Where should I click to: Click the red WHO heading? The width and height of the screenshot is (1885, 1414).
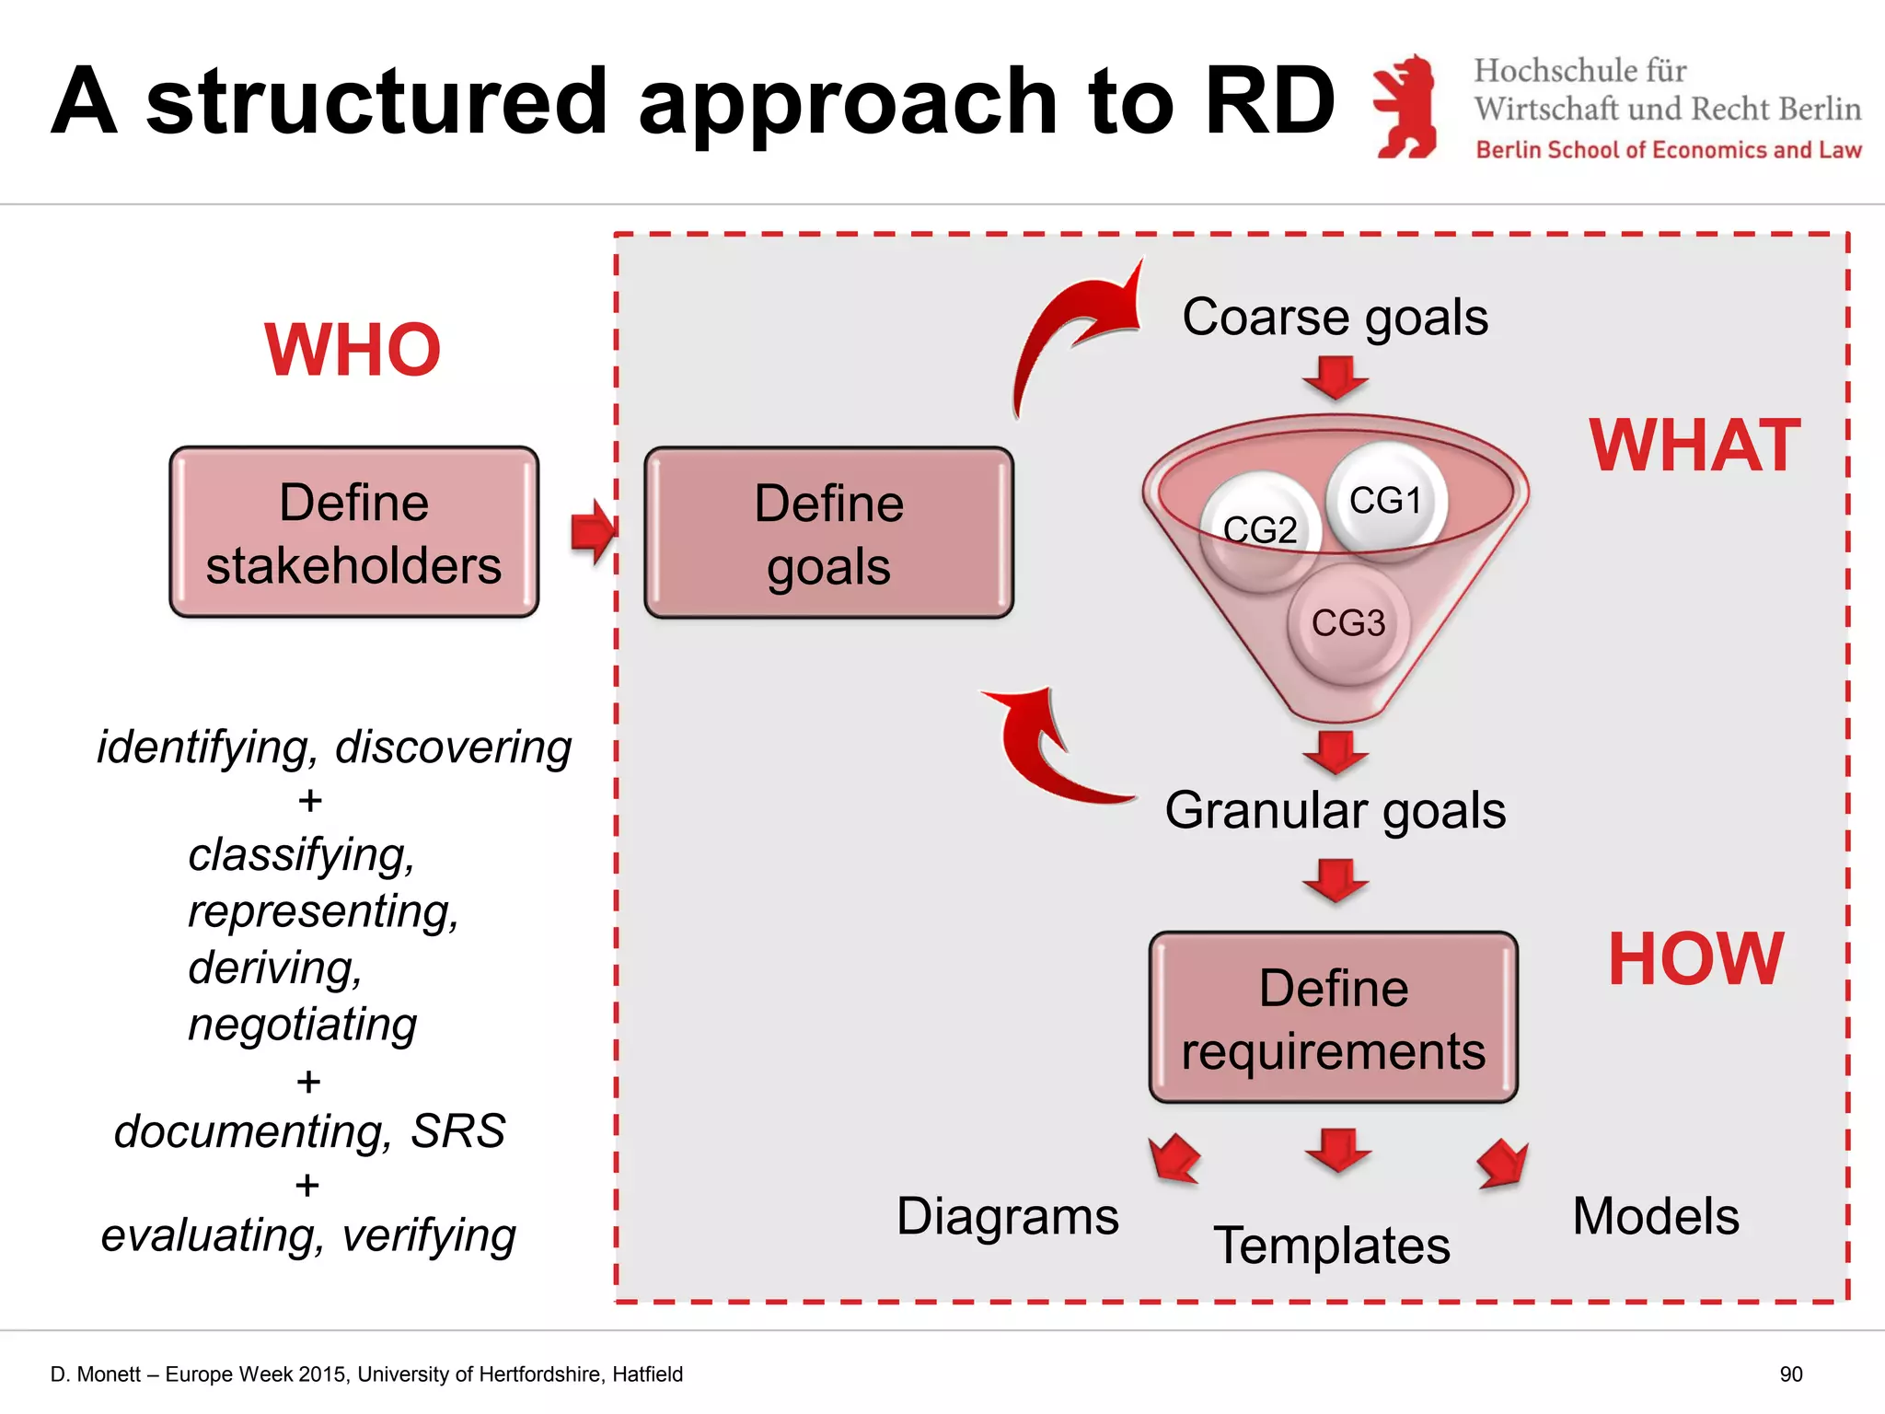click(353, 351)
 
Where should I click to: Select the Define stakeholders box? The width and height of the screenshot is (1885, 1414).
click(353, 532)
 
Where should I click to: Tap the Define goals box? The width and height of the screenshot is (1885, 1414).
click(828, 533)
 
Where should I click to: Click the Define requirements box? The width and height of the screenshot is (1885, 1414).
click(1333, 1017)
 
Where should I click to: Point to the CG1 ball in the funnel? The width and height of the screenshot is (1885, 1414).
click(1386, 499)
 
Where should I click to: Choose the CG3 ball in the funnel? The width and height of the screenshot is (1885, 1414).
click(1347, 623)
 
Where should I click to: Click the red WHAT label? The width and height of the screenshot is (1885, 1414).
click(1694, 446)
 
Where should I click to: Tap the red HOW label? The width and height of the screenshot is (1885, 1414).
click(1695, 959)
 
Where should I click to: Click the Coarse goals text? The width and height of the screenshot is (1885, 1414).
click(1335, 317)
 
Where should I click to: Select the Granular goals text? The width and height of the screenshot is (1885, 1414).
click(1335, 810)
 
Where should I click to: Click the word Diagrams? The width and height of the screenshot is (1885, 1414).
click(1008, 1216)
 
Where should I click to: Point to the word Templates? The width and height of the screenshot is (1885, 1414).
click(1332, 1246)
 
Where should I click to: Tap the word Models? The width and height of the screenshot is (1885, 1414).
click(1656, 1216)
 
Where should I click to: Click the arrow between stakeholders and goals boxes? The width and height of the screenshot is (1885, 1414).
click(592, 532)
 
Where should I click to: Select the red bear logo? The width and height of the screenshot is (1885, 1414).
click(1405, 106)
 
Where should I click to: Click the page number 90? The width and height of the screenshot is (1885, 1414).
click(1790, 1374)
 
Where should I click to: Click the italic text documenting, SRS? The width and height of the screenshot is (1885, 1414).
click(309, 1130)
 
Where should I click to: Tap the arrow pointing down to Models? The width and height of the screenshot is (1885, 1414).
click(1502, 1165)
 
